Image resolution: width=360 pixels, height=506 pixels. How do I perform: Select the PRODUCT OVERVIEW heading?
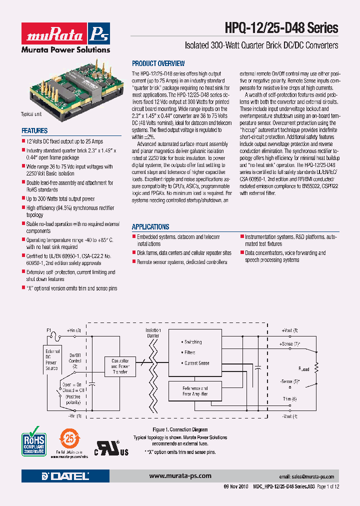click(158, 63)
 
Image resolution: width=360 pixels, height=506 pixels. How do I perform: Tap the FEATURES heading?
click(34, 130)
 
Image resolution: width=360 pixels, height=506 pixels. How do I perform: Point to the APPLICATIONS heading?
click(150, 226)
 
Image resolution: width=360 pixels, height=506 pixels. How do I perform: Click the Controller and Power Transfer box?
click(120, 366)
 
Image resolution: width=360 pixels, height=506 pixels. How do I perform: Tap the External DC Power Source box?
click(52, 359)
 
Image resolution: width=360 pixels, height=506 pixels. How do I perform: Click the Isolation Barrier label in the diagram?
click(153, 333)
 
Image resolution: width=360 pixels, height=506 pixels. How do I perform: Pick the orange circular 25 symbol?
click(70, 440)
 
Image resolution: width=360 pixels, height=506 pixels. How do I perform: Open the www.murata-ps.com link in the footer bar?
click(180, 475)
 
